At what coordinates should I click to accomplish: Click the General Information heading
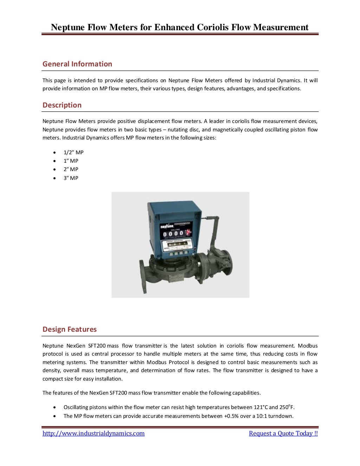pyautogui.click(x=77, y=64)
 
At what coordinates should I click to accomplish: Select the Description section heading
pyautogui.click(x=62, y=105)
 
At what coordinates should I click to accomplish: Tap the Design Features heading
pyautogui.click(x=70, y=329)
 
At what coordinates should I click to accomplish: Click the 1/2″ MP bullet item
pyautogui.click(x=73, y=152)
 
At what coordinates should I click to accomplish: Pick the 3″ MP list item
pyautogui.click(x=71, y=178)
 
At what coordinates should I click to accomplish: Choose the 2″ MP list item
pyautogui.click(x=71, y=169)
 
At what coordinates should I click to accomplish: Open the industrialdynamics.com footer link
pyautogui.click(x=94, y=433)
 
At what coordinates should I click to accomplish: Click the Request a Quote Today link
pyautogui.click(x=283, y=433)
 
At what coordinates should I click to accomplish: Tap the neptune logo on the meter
pyautogui.click(x=166, y=227)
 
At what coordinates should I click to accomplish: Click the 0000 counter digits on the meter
pyautogui.click(x=173, y=233)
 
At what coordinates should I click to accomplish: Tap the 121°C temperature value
pyautogui.click(x=261, y=407)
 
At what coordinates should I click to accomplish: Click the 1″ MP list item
pyautogui.click(x=71, y=161)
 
